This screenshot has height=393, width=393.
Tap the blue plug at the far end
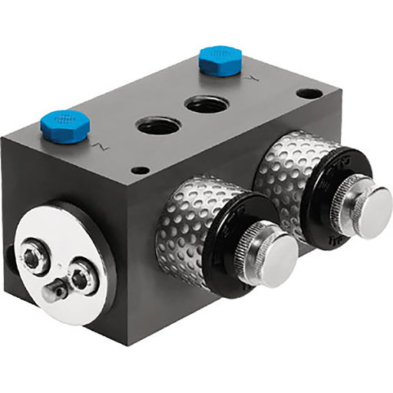coord(217,60)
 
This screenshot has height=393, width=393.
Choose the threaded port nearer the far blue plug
coord(206,103)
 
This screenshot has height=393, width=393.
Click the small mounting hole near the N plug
coord(138,170)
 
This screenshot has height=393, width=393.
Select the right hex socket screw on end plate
coord(79,274)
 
